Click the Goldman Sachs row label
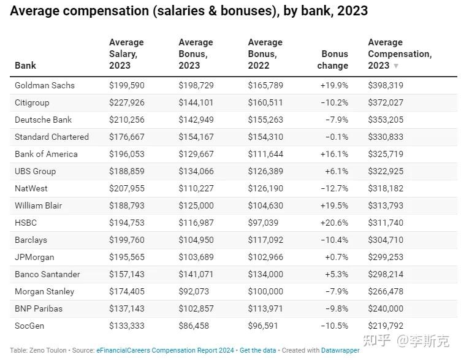pos(45,85)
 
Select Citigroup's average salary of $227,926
pos(127,102)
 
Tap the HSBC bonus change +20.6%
pos(334,223)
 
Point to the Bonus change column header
pos(333,59)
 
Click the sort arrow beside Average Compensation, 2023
pos(396,66)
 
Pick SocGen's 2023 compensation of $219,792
pos(386,326)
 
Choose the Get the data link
pos(258,350)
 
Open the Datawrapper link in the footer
pos(340,350)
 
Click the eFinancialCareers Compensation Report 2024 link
pos(166,350)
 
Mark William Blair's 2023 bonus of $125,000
pos(196,205)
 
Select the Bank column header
pos(25,65)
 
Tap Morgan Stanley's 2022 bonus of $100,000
pos(265,291)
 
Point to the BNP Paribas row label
pos(39,308)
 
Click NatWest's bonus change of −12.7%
pos(335,188)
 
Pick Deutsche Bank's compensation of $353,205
pos(386,120)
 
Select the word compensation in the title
pos(106,11)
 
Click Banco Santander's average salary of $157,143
pos(127,274)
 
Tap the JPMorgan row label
pos(34,258)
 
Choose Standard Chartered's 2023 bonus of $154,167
pos(196,137)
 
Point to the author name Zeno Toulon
pos(48,350)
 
